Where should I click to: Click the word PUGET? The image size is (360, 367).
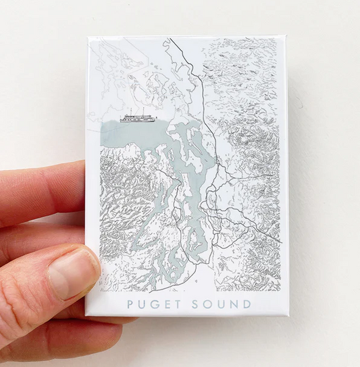coord(155,304)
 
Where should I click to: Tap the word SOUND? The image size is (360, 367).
coord(220,304)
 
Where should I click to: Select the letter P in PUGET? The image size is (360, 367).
coord(130,304)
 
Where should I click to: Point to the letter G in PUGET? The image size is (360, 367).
coord(155,304)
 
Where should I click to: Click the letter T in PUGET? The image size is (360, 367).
coord(178,304)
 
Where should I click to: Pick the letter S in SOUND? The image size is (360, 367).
coord(196,304)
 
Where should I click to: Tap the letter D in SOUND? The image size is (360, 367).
coord(245,304)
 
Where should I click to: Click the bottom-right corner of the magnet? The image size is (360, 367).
coord(286,316)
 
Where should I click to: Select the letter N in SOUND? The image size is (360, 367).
coord(233,304)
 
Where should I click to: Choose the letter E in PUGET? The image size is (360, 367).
coord(168,304)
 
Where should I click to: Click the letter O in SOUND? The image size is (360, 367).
coord(207,304)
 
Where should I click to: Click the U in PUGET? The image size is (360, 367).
coord(143,304)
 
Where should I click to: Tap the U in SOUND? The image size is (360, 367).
coord(220,304)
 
